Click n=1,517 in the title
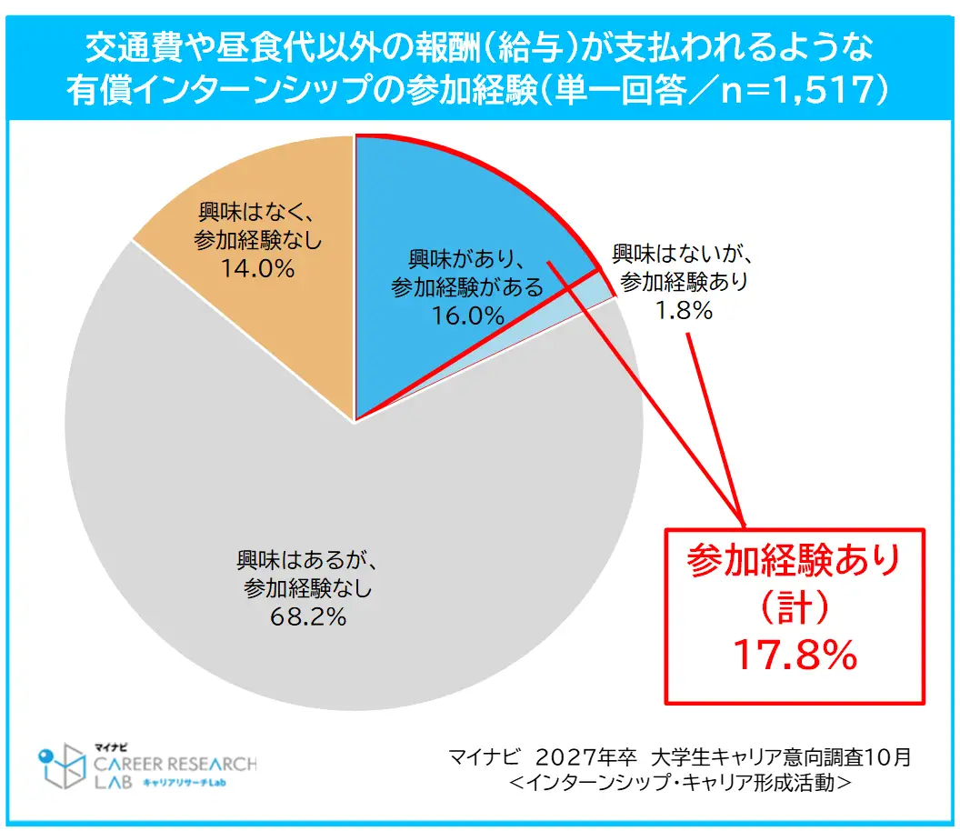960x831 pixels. (x=800, y=93)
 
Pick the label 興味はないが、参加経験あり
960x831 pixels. (x=684, y=266)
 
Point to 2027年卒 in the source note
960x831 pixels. (x=583, y=757)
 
